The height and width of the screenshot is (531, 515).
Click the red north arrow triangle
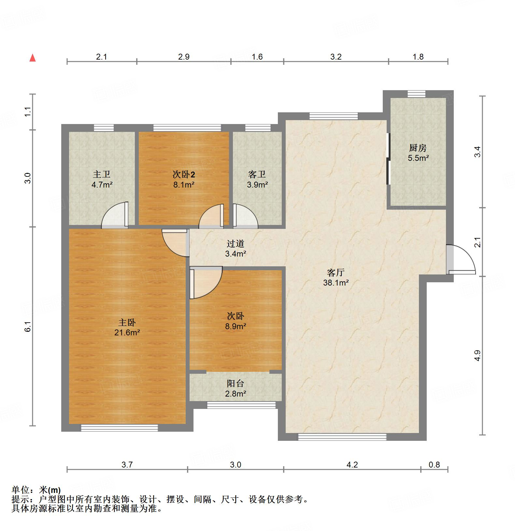pos(33,58)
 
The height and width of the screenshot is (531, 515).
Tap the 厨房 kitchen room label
pos(418,148)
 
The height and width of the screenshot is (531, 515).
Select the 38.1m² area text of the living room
pos(336,283)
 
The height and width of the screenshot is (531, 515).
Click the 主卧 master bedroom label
pos(127,322)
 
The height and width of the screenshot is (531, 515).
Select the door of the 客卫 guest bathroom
pos(244,216)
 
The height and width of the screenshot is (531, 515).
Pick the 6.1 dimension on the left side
pos(28,327)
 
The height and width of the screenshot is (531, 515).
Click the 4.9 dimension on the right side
pos(478,356)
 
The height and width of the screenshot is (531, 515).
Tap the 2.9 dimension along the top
pos(184,57)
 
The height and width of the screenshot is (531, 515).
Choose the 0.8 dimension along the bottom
pos(434,465)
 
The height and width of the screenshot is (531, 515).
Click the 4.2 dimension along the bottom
pos(352,465)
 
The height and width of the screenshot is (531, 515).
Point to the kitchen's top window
pos(416,94)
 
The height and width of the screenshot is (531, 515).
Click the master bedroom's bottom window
pos(119,427)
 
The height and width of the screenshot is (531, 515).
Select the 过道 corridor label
pos(235,243)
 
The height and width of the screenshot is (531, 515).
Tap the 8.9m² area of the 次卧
pos(236,326)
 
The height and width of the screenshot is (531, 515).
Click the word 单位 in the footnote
pos(20,489)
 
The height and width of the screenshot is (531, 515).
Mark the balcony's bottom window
pos(241,405)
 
